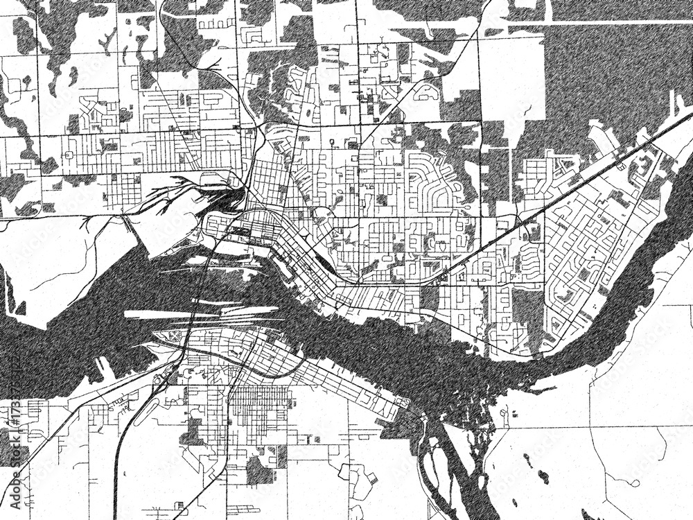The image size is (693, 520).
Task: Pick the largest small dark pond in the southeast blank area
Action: [543, 477]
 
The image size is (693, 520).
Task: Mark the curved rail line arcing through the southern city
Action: [270, 371]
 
